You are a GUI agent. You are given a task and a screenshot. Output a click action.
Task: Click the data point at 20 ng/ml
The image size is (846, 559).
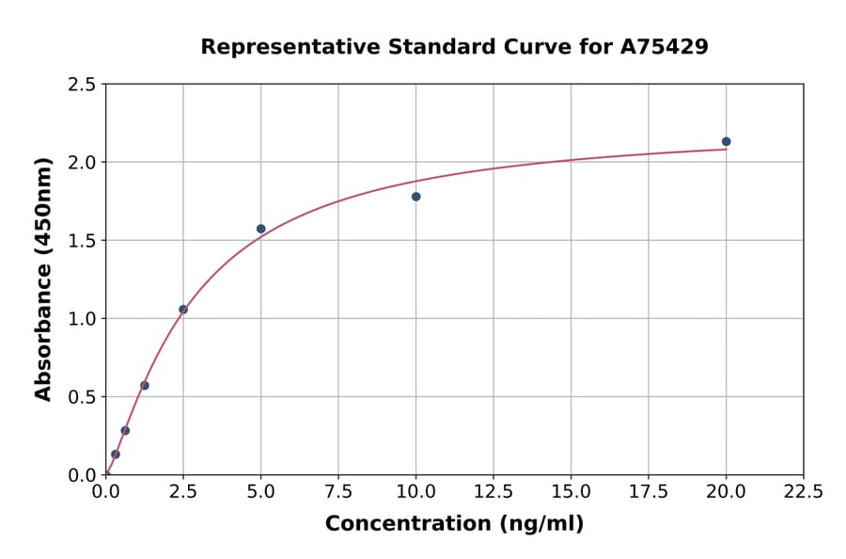coord(726,142)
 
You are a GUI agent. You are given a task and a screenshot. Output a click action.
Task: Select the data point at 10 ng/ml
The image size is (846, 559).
coord(415,197)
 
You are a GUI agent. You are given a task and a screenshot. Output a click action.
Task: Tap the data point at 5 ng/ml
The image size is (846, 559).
coord(261,229)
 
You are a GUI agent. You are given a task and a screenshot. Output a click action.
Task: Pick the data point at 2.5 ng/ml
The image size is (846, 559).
coord(183,310)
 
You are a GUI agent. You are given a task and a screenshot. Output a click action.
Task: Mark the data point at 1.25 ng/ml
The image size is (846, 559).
coord(145,385)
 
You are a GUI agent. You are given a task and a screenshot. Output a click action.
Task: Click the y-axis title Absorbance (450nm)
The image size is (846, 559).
coord(43,279)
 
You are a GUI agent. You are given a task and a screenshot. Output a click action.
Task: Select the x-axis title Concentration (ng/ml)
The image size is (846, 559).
coord(454,523)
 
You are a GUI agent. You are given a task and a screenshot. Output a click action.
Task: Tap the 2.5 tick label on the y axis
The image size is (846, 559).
coord(81,85)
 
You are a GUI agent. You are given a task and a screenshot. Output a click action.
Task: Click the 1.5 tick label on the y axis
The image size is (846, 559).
coord(81,241)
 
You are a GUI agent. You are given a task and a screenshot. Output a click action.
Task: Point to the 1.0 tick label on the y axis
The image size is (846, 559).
coord(81,319)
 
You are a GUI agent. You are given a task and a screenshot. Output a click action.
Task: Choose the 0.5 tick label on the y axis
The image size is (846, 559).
coord(81,397)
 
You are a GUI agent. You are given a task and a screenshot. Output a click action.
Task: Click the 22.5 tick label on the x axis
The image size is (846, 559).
coord(804,491)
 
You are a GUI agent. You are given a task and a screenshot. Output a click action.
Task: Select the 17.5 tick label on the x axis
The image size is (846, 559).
coord(649,491)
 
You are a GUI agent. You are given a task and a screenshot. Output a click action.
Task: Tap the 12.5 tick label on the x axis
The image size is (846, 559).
coord(493,491)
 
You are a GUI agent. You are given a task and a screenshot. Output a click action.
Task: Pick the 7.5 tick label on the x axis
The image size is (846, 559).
coord(338,491)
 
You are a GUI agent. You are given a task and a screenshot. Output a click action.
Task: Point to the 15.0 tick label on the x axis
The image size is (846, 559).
coord(571,491)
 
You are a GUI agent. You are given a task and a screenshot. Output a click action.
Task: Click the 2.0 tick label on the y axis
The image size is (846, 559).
coord(81,163)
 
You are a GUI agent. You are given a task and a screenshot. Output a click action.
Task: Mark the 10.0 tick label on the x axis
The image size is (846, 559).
coord(415,491)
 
